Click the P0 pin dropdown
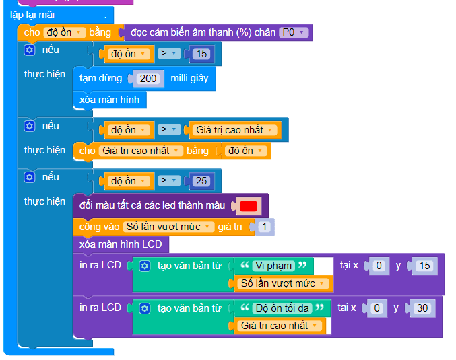[x=294, y=32]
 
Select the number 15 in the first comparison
[x=201, y=54]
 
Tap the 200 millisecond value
[x=148, y=79]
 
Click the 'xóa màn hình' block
[x=110, y=100]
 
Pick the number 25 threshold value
[x=201, y=181]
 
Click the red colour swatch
[x=249, y=206]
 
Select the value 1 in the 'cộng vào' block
[x=264, y=227]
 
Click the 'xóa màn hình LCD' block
[x=121, y=244]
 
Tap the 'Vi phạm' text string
[x=273, y=266]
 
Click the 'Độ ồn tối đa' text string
[x=282, y=308]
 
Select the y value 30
[x=422, y=308]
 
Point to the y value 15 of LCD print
[x=424, y=266]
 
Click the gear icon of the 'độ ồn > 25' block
[x=30, y=177]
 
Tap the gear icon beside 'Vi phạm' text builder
[x=145, y=266]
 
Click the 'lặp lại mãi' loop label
[x=32, y=15]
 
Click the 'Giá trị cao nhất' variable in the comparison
[x=235, y=130]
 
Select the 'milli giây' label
[x=189, y=78]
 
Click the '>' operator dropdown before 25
[x=169, y=180]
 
